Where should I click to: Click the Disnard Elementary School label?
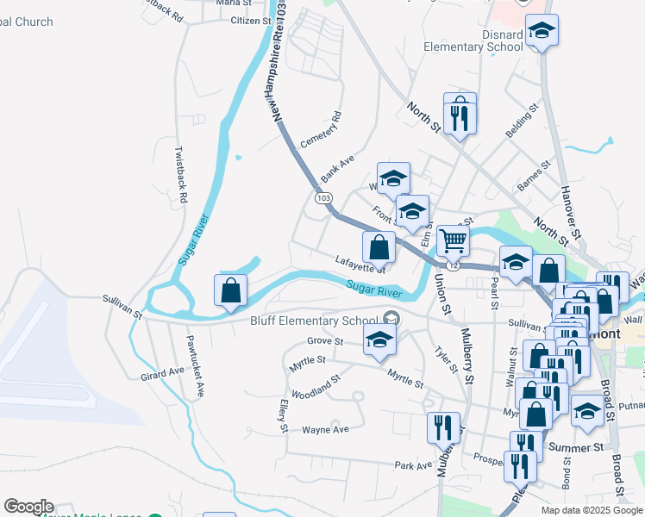click(485, 40)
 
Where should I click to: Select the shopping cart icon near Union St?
click(453, 241)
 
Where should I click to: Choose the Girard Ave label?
click(163, 373)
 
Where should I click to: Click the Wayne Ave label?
click(325, 429)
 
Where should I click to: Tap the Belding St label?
click(522, 122)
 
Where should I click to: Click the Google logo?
click(28, 507)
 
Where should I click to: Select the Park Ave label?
click(412, 465)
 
